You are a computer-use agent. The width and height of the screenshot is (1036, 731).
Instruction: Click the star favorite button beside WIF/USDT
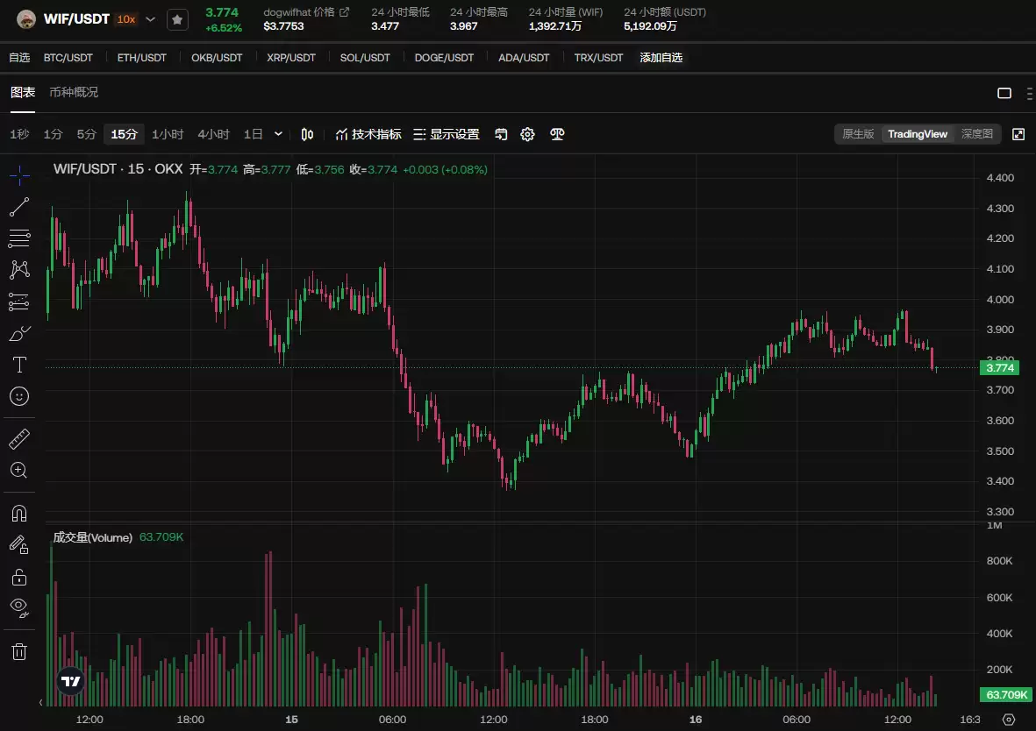pos(177,19)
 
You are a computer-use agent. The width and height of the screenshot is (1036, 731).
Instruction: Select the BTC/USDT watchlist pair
pos(68,58)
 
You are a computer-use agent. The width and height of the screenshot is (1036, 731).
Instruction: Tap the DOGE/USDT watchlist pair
pos(444,58)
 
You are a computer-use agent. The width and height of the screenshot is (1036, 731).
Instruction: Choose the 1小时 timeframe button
pos(168,134)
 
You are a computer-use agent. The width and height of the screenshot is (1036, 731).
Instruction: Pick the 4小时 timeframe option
pos(213,134)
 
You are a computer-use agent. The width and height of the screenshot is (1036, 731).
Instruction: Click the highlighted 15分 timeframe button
pos(125,134)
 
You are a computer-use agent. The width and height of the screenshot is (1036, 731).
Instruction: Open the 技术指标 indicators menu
pos(368,134)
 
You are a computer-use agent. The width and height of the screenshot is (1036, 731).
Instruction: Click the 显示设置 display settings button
pos(447,134)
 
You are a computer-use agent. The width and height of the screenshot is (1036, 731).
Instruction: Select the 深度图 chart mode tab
pos(976,134)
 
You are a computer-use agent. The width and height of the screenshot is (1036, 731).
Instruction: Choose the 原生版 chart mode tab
pos(858,134)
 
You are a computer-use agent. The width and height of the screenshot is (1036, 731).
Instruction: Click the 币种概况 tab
pos(74,92)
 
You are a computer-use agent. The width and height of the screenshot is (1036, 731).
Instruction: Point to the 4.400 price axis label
pos(1000,178)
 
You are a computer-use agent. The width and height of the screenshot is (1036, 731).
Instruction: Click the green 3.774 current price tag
pos(1000,368)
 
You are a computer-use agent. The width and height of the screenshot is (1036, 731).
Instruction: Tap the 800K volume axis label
pos(1000,561)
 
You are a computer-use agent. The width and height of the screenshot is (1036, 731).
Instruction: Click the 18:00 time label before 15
pos(190,719)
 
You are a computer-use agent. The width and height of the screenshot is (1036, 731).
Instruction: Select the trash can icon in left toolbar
pos(19,650)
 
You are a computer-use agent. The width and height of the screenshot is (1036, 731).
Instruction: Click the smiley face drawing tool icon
pos(19,396)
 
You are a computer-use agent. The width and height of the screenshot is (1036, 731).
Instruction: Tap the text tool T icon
pos(19,364)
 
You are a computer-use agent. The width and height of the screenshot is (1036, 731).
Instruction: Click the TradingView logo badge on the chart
pos(71,681)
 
